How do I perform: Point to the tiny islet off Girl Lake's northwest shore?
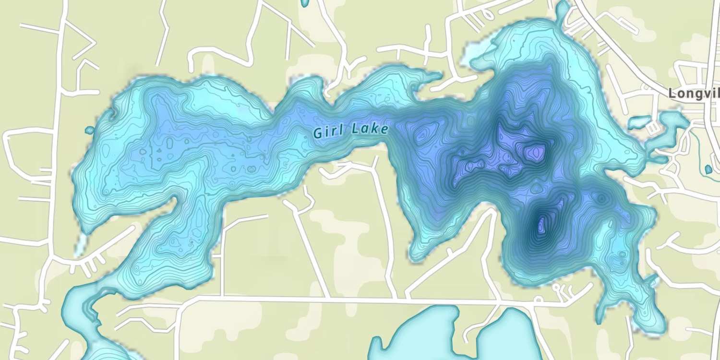(89, 130)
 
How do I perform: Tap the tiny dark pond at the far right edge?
(708, 169)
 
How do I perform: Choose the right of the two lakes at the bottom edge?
(509, 336)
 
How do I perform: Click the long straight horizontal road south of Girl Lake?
(336, 299)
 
